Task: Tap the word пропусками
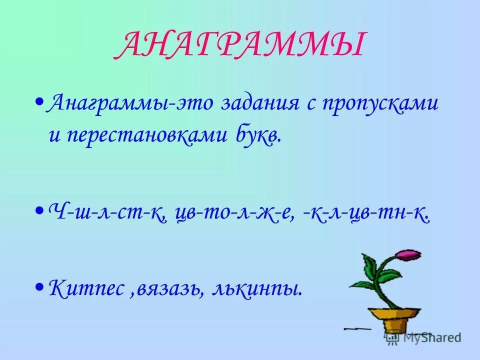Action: coord(381,104)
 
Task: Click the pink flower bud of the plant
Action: coord(407,255)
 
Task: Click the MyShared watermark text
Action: coord(430,337)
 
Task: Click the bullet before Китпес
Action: coord(39,286)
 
